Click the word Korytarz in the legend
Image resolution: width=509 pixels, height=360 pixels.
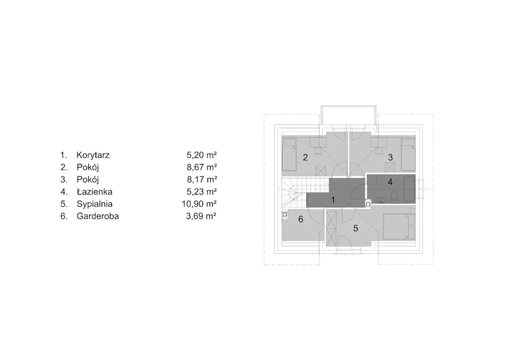tap(93, 155)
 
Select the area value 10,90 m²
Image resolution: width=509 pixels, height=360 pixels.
tap(199, 204)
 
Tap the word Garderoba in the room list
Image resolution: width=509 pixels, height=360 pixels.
tap(98, 216)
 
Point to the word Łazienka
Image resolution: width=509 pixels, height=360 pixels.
tap(95, 192)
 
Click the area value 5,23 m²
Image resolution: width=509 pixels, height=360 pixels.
tap(202, 192)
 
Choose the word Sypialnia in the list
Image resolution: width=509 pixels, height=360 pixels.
tap(95, 204)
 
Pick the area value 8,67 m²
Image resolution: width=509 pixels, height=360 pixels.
tap(202, 167)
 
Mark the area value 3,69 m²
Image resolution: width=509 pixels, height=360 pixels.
tap(201, 216)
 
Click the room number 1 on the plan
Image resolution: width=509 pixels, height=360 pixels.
tap(333, 200)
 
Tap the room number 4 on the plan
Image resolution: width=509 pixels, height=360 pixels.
tap(390, 182)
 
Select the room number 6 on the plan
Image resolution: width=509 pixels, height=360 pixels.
tap(301, 219)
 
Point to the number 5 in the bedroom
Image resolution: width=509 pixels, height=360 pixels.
tap(356, 228)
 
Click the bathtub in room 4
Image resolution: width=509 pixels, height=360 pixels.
tap(409, 189)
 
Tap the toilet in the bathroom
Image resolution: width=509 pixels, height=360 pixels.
tap(394, 197)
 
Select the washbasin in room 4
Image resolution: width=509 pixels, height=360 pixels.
tap(381, 200)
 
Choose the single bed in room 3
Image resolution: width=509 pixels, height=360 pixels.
tap(408, 155)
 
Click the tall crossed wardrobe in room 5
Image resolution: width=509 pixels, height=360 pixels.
tap(331, 228)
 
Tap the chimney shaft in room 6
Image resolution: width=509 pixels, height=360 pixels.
tap(284, 214)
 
